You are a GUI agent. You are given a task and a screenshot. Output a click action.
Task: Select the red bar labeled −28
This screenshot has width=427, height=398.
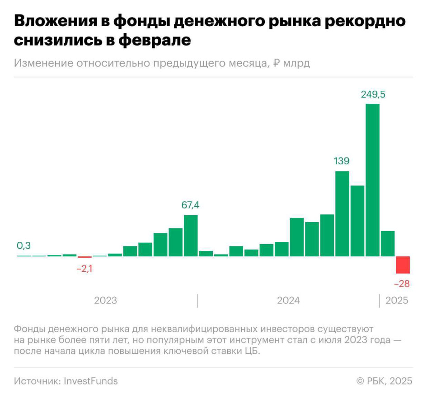click(403, 265)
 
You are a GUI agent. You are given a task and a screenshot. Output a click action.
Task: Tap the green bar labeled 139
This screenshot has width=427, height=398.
click(342, 213)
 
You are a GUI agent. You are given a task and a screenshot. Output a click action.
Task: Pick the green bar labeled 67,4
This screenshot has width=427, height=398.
click(191, 236)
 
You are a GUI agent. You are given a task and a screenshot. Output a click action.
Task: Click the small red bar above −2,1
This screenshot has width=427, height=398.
click(84, 257)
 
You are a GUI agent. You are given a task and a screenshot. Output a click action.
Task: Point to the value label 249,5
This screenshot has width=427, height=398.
click(373, 94)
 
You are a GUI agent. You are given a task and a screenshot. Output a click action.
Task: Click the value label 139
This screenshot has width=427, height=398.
click(342, 161)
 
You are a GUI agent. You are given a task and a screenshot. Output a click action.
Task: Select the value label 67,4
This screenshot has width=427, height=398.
click(190, 205)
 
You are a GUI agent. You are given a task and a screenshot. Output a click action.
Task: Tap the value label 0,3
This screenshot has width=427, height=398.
click(24, 246)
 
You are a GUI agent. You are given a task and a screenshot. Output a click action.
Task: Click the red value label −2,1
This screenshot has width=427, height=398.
click(84, 269)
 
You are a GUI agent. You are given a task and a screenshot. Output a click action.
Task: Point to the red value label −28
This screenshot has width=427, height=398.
click(402, 284)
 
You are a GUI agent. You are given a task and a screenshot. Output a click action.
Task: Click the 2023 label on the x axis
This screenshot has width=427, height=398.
click(105, 301)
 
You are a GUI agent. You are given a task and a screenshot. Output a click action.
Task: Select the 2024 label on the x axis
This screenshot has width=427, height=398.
click(288, 301)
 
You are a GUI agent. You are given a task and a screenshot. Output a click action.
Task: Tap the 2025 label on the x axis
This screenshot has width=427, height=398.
click(397, 301)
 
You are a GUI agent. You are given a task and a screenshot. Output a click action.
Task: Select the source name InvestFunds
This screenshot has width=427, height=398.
click(90, 381)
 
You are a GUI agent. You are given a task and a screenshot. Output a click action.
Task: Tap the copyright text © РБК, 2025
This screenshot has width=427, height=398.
click(384, 381)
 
